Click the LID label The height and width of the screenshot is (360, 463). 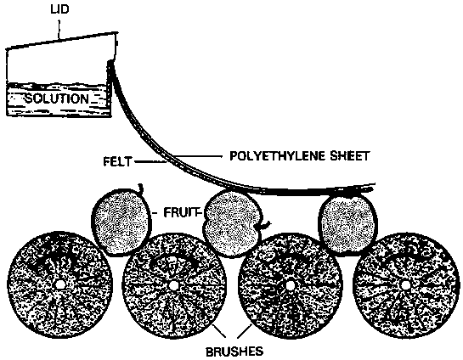[x=59, y=9]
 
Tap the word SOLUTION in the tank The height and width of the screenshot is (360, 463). [x=56, y=98]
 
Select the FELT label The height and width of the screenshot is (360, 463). [x=117, y=161]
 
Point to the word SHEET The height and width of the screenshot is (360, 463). [x=350, y=155]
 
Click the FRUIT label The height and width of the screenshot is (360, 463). [x=181, y=212]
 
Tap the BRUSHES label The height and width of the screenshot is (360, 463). [x=234, y=352]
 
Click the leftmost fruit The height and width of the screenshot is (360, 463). [x=121, y=222]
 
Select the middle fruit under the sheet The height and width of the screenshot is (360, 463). [x=233, y=223]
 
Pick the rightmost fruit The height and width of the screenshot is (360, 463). [x=348, y=225]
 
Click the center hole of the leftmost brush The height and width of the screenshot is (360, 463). [x=60, y=284]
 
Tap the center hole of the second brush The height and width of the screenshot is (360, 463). [x=173, y=285]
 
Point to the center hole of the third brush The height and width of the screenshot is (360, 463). [x=291, y=285]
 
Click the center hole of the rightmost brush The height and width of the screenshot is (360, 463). [x=405, y=285]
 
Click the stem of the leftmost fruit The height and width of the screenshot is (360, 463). [x=141, y=188]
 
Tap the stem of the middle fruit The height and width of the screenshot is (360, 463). [x=267, y=225]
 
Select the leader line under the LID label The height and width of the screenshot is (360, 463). [x=59, y=29]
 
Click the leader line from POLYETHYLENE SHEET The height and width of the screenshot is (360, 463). [x=198, y=156]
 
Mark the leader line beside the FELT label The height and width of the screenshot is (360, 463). [x=150, y=161]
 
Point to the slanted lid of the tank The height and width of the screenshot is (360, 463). [x=61, y=40]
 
